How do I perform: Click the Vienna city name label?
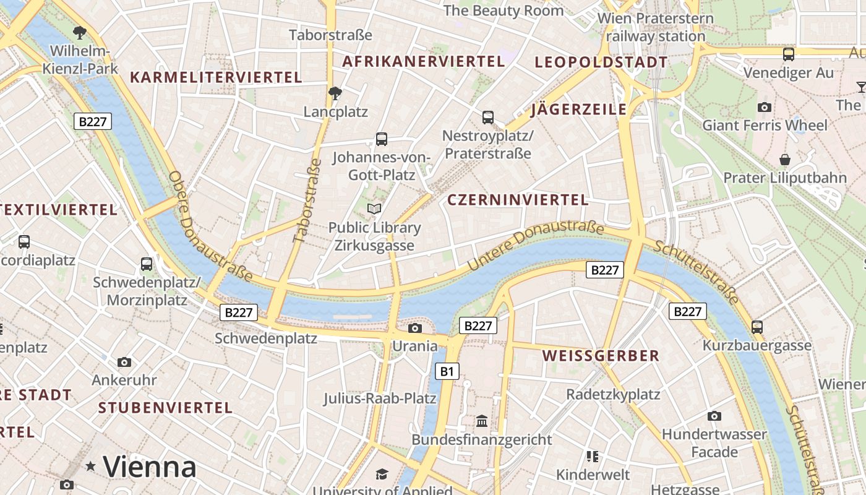coord(150,467)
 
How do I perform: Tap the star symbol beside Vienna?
coord(91,466)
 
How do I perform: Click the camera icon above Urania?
coord(415,328)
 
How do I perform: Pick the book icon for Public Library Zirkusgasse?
coord(374,209)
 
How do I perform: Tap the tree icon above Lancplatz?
coord(335,93)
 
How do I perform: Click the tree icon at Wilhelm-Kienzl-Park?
coord(79,32)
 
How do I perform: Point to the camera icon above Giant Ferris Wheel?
coord(765,107)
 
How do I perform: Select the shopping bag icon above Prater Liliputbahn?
coord(785,160)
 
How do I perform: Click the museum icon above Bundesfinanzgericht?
coord(482,421)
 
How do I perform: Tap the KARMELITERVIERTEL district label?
coord(216,77)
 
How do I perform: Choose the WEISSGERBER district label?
coord(601,356)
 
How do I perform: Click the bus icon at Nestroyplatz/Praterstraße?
coord(488,117)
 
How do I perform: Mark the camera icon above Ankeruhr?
coord(124,362)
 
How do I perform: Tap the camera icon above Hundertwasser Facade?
coord(714,416)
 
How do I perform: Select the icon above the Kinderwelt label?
coord(593,457)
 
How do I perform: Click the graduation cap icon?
coord(382,474)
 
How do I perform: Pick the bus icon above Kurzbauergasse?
coord(757,327)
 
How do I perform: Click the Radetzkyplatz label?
coord(613,394)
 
